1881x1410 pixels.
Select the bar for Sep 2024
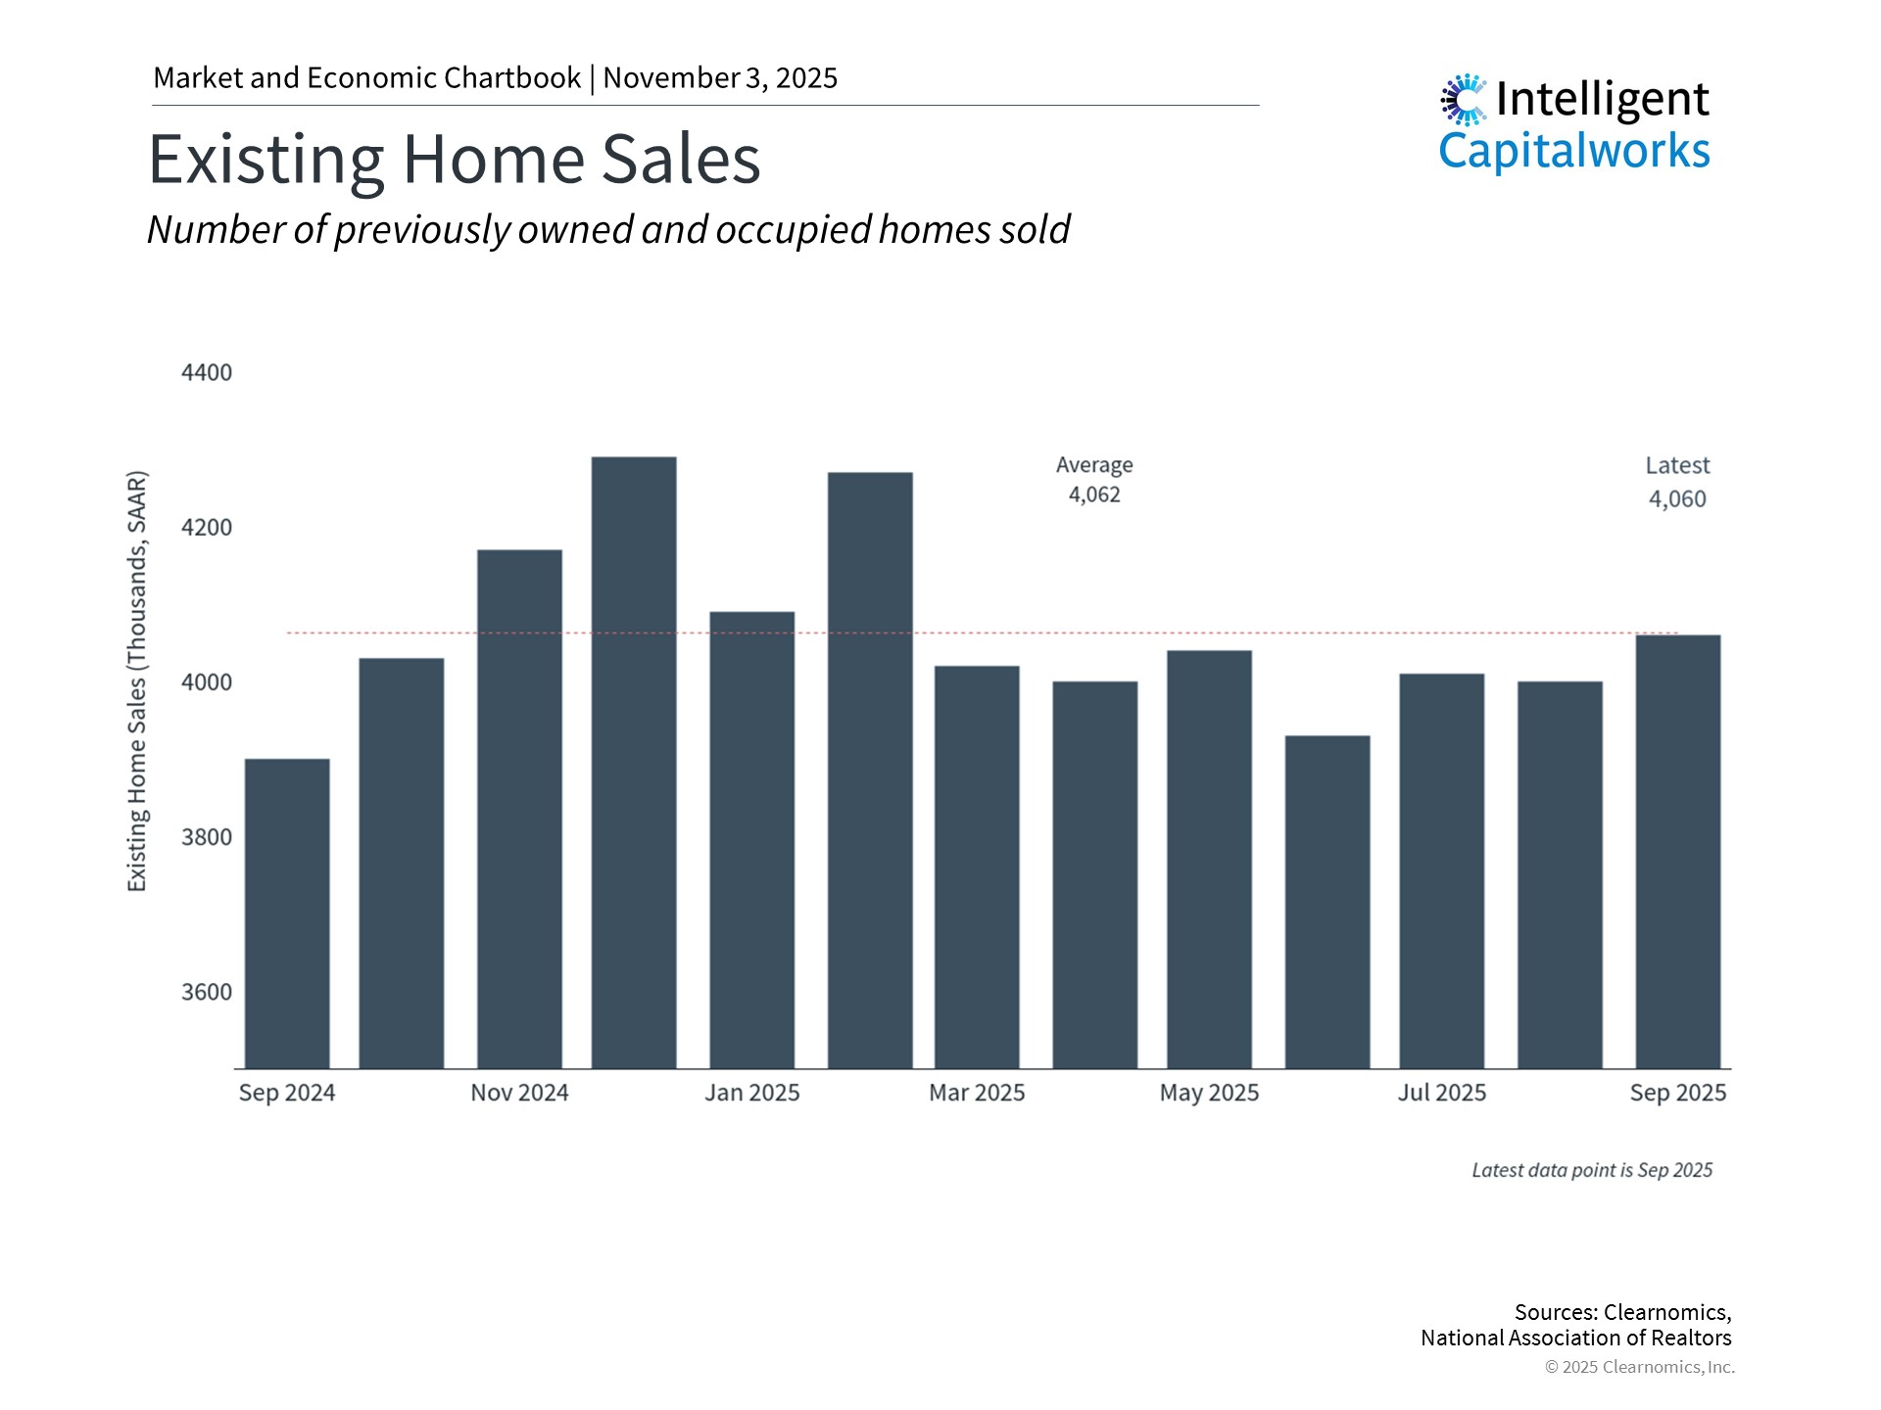click(x=287, y=913)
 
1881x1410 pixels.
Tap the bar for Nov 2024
click(x=519, y=808)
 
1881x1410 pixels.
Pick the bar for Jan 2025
click(x=751, y=839)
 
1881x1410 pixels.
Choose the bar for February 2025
click(x=870, y=770)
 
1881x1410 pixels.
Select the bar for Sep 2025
click(x=1677, y=851)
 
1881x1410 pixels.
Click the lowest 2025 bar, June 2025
click(x=1327, y=901)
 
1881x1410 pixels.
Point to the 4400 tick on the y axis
click(x=207, y=373)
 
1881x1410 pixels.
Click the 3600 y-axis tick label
click(x=207, y=992)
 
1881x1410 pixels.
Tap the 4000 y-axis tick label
click(x=207, y=682)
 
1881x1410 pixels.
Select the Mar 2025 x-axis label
click(x=977, y=1093)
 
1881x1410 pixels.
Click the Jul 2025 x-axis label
click(x=1441, y=1093)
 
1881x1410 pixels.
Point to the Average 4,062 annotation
click(x=1094, y=480)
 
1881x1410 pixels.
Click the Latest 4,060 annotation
click(x=1677, y=482)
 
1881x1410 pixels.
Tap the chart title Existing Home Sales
click(x=454, y=159)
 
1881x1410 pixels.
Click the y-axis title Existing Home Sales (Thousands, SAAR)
click(x=137, y=681)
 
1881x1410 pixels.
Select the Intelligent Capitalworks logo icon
click(x=1464, y=100)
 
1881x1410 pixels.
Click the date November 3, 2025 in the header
click(x=720, y=78)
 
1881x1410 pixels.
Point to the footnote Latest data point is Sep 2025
click(x=1592, y=1170)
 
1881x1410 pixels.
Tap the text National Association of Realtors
click(x=1575, y=1338)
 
